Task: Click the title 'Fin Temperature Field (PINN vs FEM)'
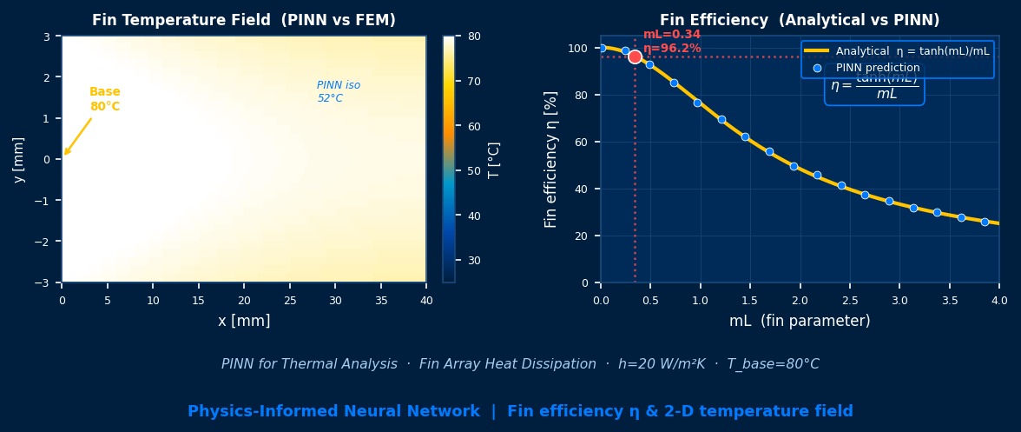coord(243,20)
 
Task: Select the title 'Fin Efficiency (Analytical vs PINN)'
coord(800,20)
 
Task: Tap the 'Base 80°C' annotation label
coord(105,99)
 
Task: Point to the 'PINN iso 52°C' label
coord(339,92)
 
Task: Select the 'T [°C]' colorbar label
coord(494,160)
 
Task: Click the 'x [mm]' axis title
coord(244,321)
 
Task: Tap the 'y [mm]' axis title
coord(18,160)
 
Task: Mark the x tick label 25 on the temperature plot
coord(289,300)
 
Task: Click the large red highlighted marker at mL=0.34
coord(635,56)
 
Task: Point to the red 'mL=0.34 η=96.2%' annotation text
coord(672,42)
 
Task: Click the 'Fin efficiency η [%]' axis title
coord(550,160)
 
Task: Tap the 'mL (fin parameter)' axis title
coord(800,321)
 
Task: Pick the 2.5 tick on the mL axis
coord(850,300)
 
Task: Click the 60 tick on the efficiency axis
coord(584,142)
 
